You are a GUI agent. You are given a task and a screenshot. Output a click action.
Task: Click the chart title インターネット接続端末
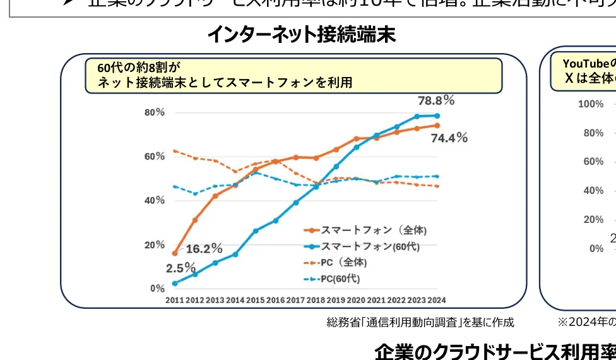(x=301, y=34)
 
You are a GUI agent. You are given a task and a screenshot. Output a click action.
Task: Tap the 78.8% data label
(x=435, y=100)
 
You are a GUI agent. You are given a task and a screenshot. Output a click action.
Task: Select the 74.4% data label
(x=449, y=138)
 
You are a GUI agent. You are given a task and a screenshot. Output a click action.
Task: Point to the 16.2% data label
(x=204, y=248)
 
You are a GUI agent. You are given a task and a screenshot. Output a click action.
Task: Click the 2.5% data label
(x=181, y=268)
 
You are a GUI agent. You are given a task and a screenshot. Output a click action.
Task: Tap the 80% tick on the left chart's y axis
(x=155, y=112)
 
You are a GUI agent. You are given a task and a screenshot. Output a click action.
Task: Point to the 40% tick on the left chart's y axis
(x=155, y=200)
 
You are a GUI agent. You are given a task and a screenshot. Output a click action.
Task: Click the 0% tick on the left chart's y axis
(x=157, y=289)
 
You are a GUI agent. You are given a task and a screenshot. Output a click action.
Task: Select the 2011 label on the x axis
(x=175, y=301)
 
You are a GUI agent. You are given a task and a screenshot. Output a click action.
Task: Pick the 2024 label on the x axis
(x=436, y=301)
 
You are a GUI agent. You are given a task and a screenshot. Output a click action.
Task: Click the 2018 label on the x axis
(x=316, y=301)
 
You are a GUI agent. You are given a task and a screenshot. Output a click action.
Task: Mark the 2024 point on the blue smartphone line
(x=437, y=116)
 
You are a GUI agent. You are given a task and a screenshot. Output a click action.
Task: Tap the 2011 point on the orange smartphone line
(x=175, y=253)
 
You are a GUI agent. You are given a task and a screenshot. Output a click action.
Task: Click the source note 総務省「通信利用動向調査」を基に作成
(x=420, y=323)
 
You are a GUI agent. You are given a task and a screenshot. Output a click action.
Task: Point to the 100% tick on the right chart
(x=591, y=104)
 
